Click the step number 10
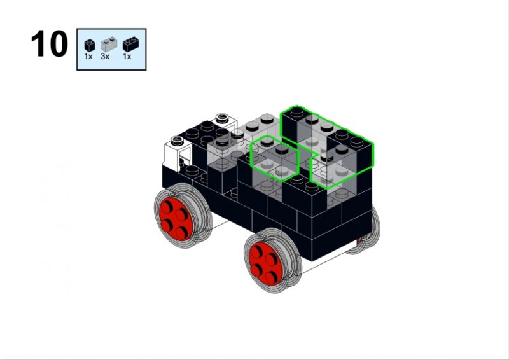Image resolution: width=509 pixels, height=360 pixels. tap(50, 44)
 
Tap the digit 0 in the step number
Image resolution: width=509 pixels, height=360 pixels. tap(59, 44)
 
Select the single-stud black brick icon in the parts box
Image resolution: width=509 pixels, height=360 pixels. tap(89, 45)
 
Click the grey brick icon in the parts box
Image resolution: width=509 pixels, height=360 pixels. tap(109, 44)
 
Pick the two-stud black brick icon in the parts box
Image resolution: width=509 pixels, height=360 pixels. tap(131, 45)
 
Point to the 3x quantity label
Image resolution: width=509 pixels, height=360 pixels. tap(105, 57)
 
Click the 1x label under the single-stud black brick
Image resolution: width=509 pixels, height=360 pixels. tap(88, 57)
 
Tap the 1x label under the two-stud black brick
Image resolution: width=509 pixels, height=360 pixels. tap(127, 57)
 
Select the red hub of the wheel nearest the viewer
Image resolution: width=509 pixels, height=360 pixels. tap(264, 263)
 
